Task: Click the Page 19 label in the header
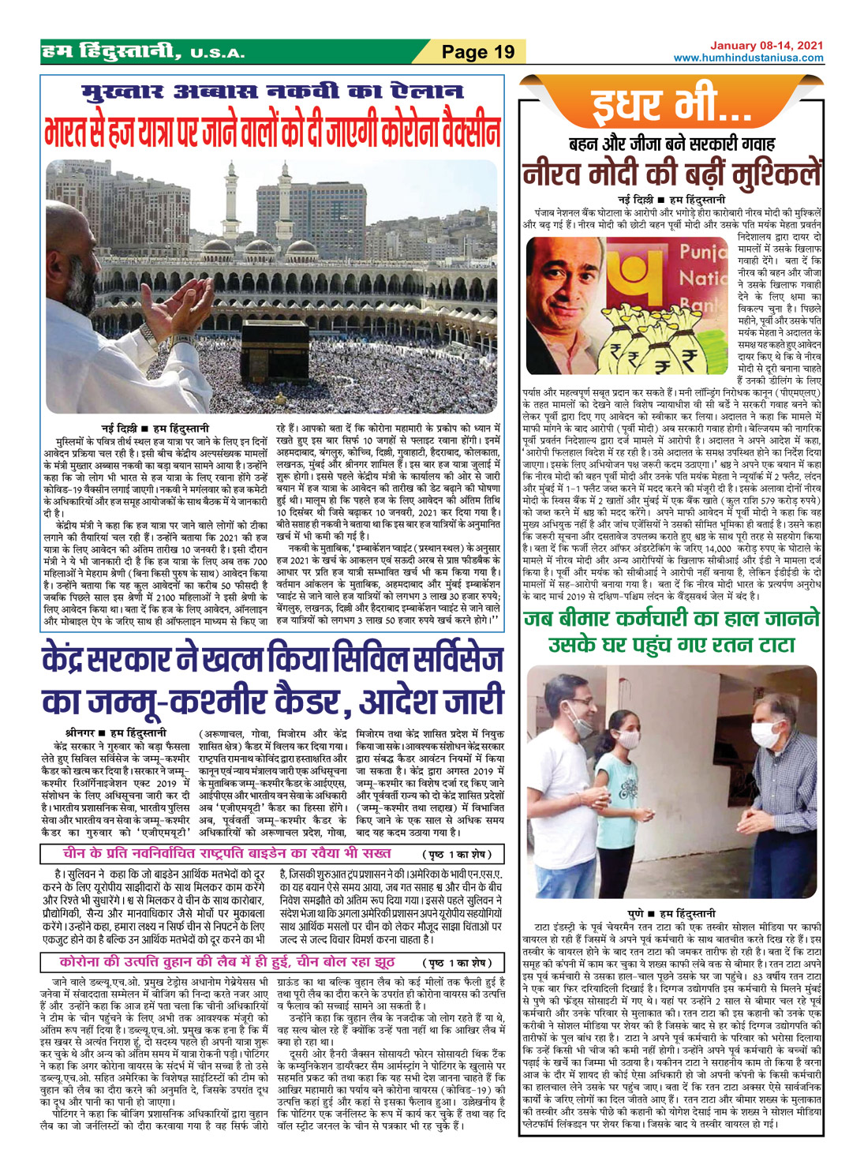477,52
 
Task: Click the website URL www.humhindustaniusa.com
748,58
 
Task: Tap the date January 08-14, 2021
766,46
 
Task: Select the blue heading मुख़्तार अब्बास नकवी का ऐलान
272,94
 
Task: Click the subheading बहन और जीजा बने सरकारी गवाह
671,144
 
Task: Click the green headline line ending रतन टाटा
671,644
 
